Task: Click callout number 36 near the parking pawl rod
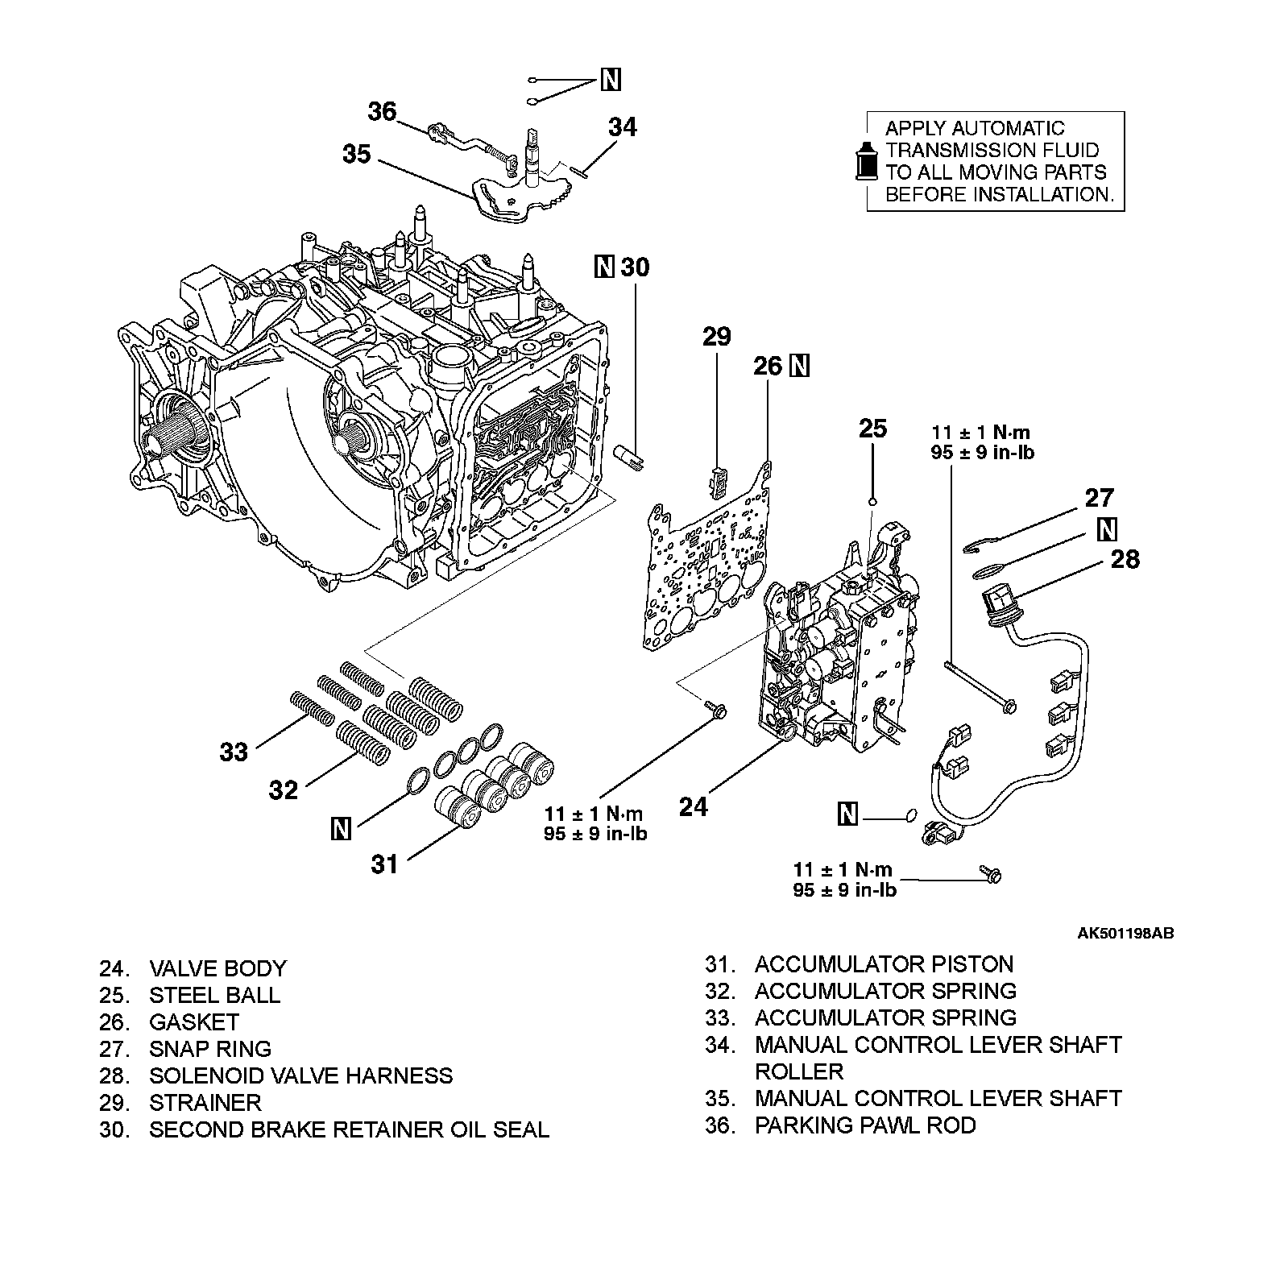[x=382, y=112]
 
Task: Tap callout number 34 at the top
[x=622, y=127]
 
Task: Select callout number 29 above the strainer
[x=715, y=336]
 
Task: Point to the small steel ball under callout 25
[x=872, y=503]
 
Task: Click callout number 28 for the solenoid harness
[x=1125, y=559]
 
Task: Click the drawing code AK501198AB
[x=1125, y=934]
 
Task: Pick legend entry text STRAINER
[x=205, y=1103]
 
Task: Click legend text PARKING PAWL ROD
[x=864, y=1125]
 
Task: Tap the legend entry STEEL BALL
[x=214, y=995]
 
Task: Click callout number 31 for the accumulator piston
[x=384, y=864]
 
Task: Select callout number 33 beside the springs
[x=234, y=752]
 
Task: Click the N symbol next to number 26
[x=799, y=366]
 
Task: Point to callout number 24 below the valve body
[x=693, y=806]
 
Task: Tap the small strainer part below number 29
[x=717, y=480]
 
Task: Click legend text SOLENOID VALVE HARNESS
[x=300, y=1075]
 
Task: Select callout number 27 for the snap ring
[x=1099, y=499]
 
